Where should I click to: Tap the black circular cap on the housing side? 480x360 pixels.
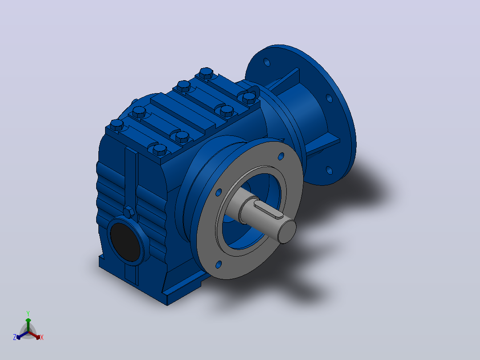(125, 242)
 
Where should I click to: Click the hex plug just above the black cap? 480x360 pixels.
(129, 212)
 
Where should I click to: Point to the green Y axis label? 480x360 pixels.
(28, 313)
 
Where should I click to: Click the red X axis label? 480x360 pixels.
(42, 337)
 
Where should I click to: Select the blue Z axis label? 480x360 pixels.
(15, 337)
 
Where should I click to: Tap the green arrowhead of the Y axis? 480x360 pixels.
(28, 320)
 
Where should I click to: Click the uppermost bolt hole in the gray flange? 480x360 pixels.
(281, 156)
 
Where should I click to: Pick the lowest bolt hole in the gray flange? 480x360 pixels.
(219, 265)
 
